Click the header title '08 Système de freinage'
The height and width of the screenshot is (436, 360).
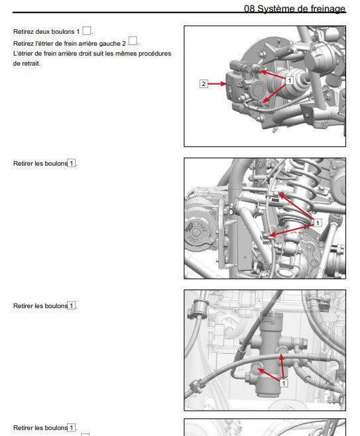pyautogui.click(x=294, y=9)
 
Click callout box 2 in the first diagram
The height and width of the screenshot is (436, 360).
pyautogui.click(x=204, y=83)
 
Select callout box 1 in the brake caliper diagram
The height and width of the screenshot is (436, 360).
pyautogui.click(x=289, y=81)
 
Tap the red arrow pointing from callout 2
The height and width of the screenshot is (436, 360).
pyautogui.click(x=217, y=83)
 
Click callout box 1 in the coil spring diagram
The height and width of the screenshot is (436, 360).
pyautogui.click(x=317, y=223)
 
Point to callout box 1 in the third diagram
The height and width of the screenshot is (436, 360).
pyautogui.click(x=283, y=383)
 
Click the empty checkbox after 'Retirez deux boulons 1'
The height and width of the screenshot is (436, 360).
pyautogui.click(x=87, y=30)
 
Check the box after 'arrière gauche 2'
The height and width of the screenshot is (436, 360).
pyautogui.click(x=133, y=41)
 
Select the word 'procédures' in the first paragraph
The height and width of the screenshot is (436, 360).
pyautogui.click(x=154, y=54)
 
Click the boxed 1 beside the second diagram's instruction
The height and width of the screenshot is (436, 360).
pyautogui.click(x=72, y=163)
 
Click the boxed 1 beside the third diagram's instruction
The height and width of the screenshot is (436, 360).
pyautogui.click(x=72, y=305)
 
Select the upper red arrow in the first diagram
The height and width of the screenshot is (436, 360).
pyautogui.click(x=272, y=74)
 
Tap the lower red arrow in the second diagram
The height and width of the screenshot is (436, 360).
pyautogui.click(x=291, y=230)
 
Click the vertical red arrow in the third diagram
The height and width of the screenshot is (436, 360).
pyautogui.click(x=282, y=367)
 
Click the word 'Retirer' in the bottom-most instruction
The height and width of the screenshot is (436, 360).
pyautogui.click(x=23, y=427)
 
